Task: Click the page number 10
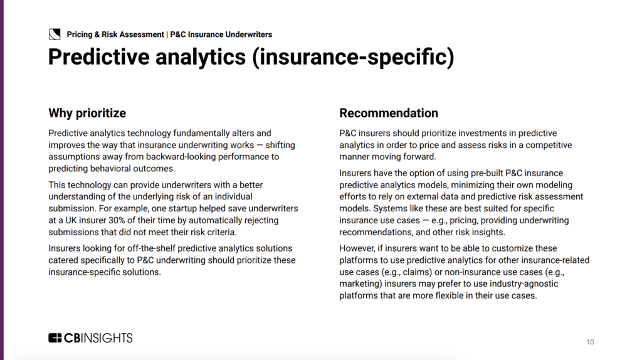pyautogui.click(x=590, y=342)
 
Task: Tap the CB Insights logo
pyautogui.click(x=90, y=337)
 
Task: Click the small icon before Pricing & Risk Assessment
pyautogui.click(x=55, y=34)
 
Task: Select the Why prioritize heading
pyautogui.click(x=87, y=114)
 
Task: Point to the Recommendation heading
pyautogui.click(x=389, y=114)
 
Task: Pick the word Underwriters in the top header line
pyautogui.click(x=249, y=34)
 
